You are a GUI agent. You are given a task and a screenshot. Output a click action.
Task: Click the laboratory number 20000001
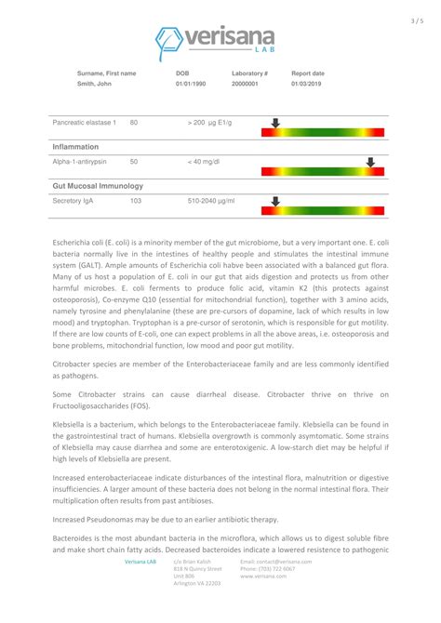(x=246, y=85)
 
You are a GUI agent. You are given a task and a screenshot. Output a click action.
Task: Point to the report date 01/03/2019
(x=308, y=85)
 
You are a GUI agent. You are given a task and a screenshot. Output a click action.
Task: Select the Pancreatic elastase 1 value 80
(x=134, y=122)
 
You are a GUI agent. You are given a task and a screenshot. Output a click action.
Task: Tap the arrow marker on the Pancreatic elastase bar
(x=274, y=122)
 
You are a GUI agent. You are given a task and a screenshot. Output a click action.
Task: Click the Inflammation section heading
(x=75, y=147)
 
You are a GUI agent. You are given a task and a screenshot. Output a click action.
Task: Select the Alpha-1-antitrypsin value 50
(x=134, y=161)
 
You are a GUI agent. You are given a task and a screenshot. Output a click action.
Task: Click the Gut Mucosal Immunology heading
(x=98, y=186)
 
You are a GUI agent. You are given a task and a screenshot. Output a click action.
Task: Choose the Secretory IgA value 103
(x=136, y=200)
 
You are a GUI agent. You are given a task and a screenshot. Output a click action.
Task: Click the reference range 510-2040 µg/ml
(x=211, y=200)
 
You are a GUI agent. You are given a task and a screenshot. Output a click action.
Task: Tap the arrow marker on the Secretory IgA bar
(x=274, y=200)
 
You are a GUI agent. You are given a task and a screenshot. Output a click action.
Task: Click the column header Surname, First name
(x=106, y=73)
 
